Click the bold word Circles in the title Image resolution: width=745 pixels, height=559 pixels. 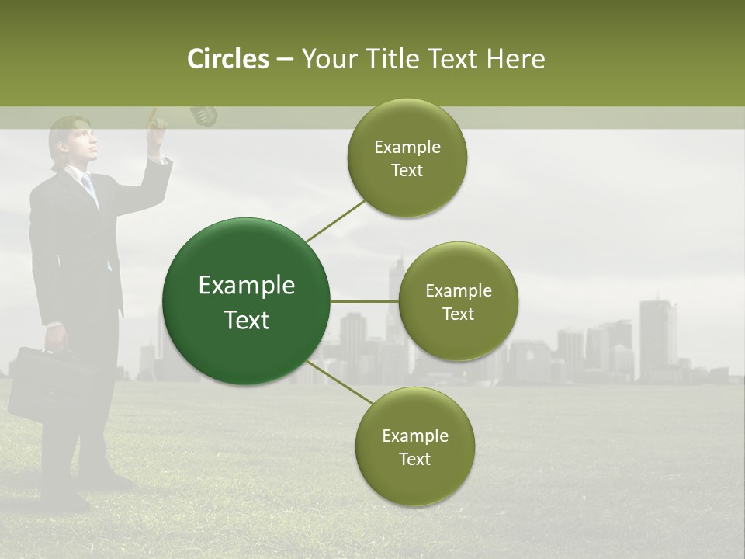coord(228,59)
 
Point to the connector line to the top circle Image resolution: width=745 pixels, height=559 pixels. coord(336,220)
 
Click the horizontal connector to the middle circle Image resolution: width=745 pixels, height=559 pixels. coord(364,301)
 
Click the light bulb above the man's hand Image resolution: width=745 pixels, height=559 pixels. coord(203,116)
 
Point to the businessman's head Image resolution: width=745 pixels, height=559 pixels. coord(74,141)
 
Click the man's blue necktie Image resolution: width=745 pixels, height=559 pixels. coord(89,187)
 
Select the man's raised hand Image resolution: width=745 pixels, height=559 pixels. coord(158,123)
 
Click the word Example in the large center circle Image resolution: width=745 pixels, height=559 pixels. coord(246,286)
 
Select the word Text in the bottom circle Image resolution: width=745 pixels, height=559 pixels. coord(414,459)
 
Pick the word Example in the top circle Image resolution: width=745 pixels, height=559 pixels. coord(407,148)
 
